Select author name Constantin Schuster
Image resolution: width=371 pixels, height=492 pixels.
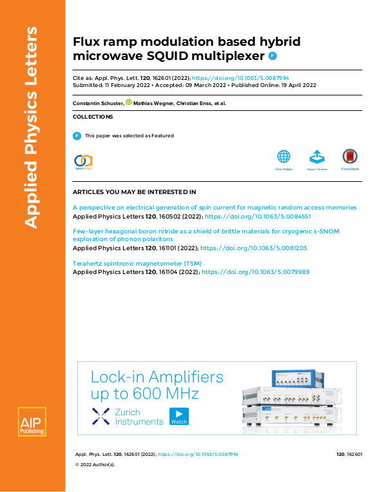98,103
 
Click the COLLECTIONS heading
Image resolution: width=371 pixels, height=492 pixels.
93,117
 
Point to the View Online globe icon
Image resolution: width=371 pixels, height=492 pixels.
283,157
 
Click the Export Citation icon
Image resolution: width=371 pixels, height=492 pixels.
316,157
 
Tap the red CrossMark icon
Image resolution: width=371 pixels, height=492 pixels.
350,157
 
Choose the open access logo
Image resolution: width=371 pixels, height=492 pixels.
84,161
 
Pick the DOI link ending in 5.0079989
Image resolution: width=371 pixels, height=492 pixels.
256,272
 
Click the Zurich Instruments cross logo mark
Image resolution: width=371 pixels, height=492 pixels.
101,416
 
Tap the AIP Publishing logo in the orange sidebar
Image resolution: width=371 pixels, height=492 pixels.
32,423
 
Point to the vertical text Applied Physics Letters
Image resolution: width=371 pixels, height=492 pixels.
32,126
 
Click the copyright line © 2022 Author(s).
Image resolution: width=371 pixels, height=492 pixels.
95,464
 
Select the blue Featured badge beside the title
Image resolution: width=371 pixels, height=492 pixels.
272,57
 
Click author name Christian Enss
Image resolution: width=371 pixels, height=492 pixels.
195,103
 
